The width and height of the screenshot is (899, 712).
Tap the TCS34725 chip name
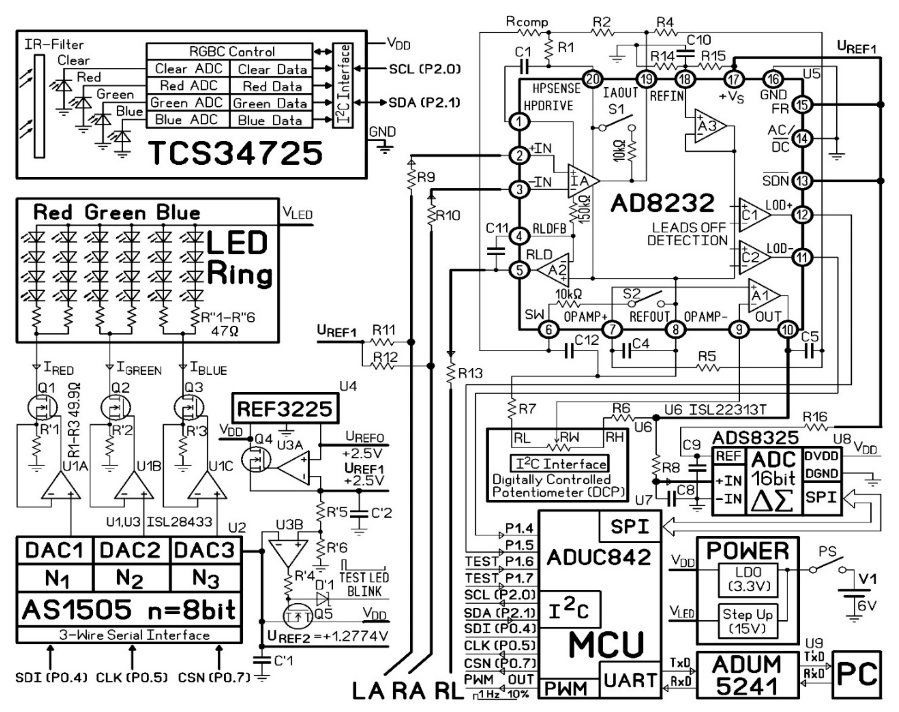click(235, 153)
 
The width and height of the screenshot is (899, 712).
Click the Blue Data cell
click(270, 120)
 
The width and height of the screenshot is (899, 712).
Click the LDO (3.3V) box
click(748, 580)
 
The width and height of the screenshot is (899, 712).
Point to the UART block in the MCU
click(630, 680)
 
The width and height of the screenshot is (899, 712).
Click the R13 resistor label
click(470, 373)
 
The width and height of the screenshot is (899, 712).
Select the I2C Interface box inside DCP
click(559, 464)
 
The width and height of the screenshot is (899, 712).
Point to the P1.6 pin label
click(519, 561)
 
